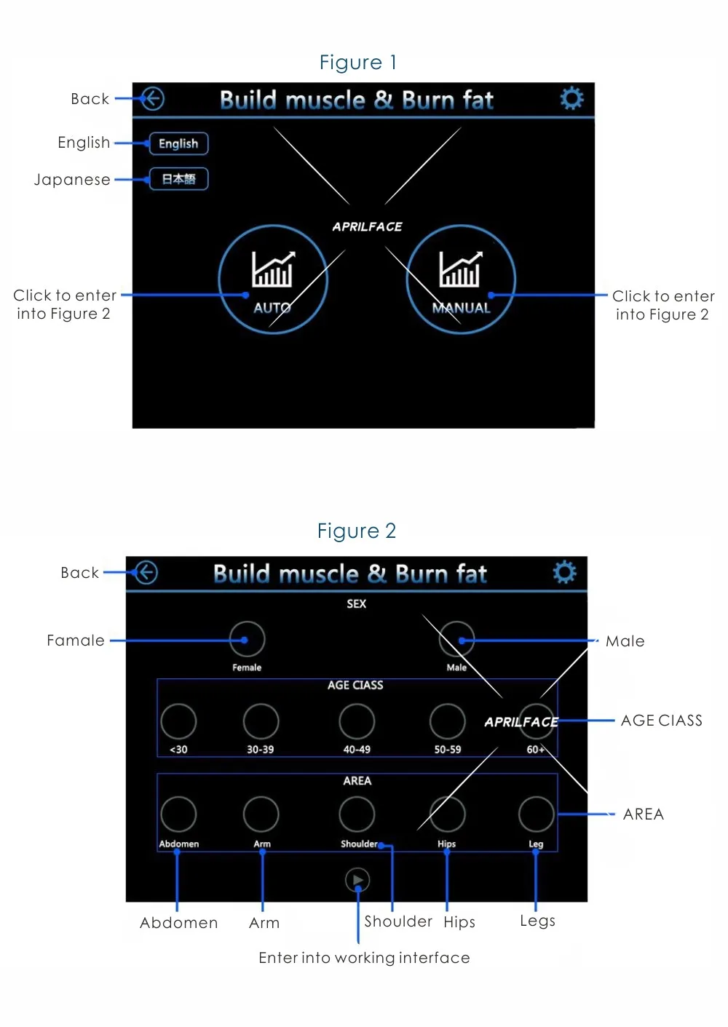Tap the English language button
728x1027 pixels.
(x=178, y=143)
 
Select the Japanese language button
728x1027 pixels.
(x=178, y=179)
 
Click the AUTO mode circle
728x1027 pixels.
(x=273, y=279)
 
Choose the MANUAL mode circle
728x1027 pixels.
(x=461, y=279)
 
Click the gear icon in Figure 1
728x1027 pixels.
(x=571, y=98)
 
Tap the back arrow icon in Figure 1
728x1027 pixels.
(x=152, y=98)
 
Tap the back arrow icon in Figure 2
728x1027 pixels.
(x=146, y=573)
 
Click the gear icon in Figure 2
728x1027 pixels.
(x=565, y=572)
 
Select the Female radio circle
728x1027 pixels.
(x=247, y=639)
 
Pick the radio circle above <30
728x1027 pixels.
(x=178, y=721)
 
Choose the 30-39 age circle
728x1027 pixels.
(x=261, y=721)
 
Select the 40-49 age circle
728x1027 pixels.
(x=357, y=721)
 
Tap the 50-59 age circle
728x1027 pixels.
(x=447, y=721)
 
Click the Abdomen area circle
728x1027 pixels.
(x=178, y=814)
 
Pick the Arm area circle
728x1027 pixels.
(x=261, y=814)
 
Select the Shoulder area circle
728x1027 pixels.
(x=357, y=814)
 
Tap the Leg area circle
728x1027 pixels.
(x=536, y=814)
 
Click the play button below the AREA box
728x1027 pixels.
(x=357, y=880)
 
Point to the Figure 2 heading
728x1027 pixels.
(x=357, y=531)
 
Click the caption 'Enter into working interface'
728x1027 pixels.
(x=364, y=958)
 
